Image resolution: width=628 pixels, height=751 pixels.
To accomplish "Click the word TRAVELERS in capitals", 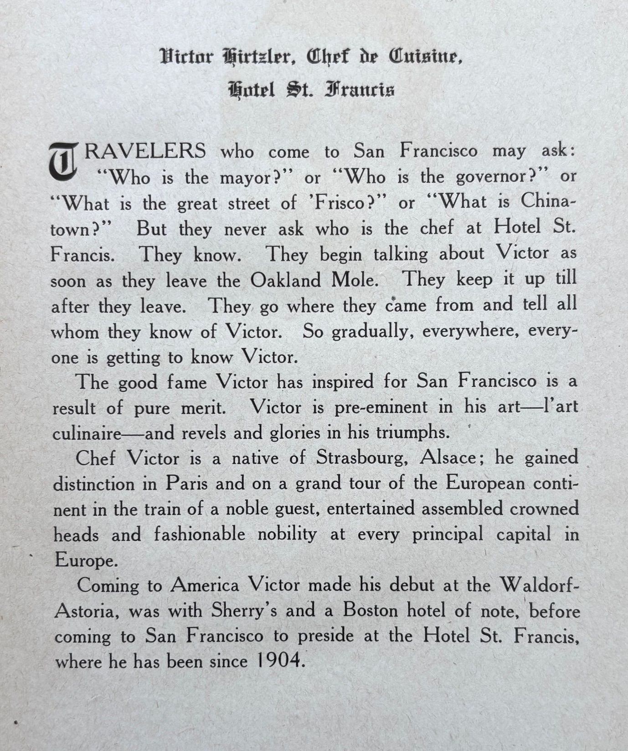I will [x=145, y=151].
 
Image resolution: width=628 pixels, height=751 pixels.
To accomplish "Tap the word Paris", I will [x=187, y=483].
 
